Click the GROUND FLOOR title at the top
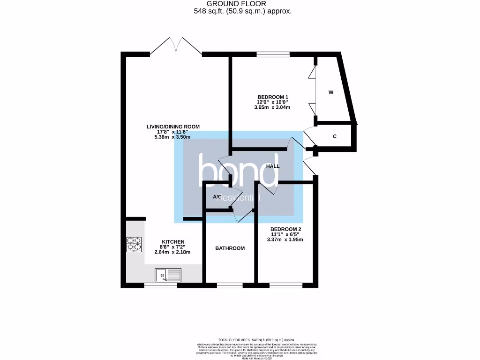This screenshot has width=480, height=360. click(x=243, y=4)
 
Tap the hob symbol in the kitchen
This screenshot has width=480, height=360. click(x=134, y=244)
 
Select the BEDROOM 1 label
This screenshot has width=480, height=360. click(x=273, y=97)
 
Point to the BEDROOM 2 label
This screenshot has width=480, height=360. click(x=285, y=229)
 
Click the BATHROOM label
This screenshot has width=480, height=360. click(x=230, y=248)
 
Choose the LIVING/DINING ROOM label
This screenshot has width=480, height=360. click(x=173, y=127)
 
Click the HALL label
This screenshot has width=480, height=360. click(x=273, y=166)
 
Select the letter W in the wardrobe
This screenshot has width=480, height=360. click(x=330, y=93)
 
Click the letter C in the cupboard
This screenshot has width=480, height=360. click(x=335, y=137)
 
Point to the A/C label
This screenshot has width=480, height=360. click(x=217, y=197)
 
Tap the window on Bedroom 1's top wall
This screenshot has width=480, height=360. click(x=273, y=54)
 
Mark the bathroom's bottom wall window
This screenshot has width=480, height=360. click(x=230, y=285)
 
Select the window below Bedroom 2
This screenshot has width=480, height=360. click(x=286, y=285)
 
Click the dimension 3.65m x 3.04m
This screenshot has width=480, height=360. click(x=273, y=107)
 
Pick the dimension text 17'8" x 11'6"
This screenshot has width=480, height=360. click(x=173, y=132)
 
